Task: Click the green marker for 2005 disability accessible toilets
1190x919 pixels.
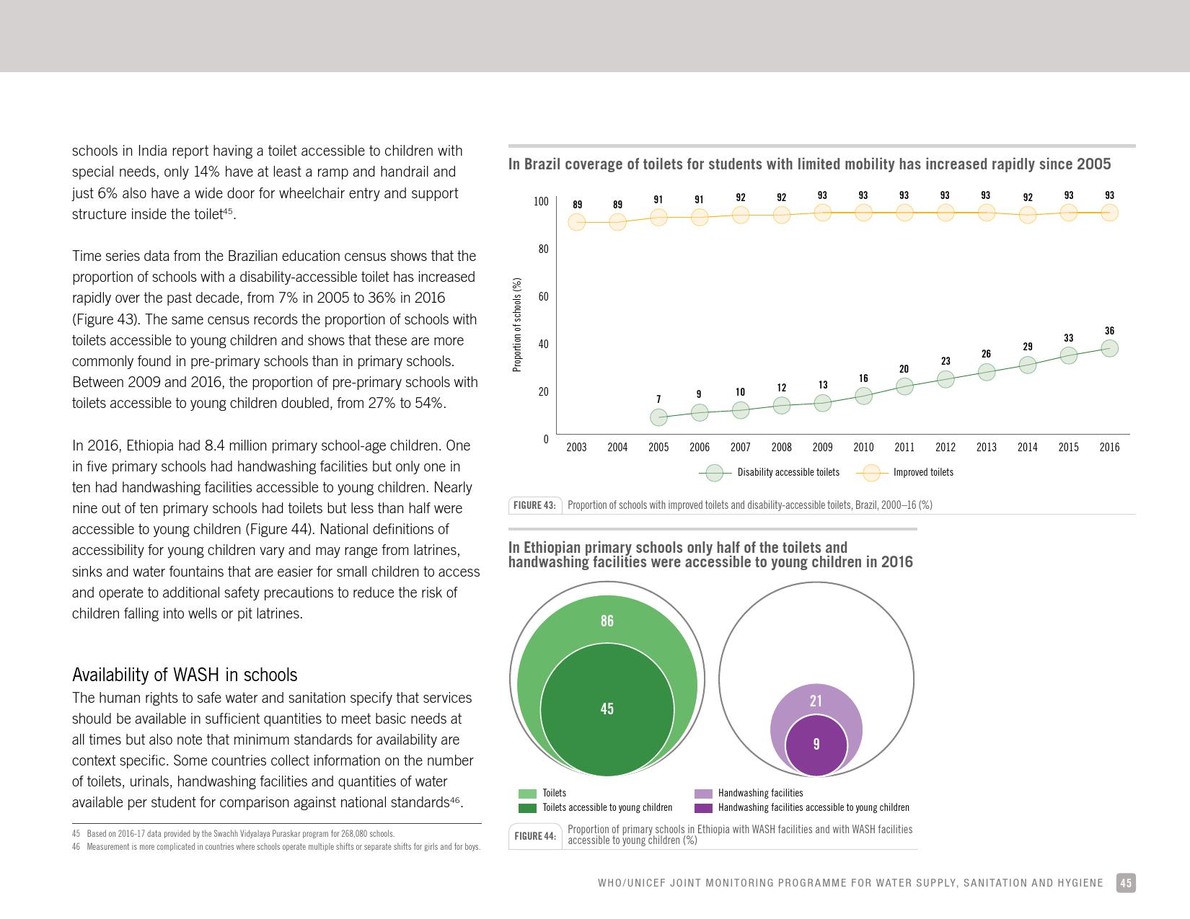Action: click(658, 417)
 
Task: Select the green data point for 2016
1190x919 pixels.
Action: click(1109, 348)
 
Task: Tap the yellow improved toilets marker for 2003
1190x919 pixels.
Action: click(577, 222)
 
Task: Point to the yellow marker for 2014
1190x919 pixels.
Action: click(1027, 215)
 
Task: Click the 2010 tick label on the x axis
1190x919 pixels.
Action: click(863, 447)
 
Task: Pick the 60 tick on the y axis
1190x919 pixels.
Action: click(543, 297)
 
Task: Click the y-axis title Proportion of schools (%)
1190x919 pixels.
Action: click(516, 324)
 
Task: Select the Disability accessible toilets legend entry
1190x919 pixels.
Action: click(769, 472)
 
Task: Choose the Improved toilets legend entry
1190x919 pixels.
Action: click(904, 472)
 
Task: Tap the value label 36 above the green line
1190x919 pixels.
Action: click(1109, 331)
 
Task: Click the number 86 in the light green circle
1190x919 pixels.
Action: click(607, 621)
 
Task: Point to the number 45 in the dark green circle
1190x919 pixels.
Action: click(607, 709)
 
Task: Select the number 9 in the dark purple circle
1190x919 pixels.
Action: click(816, 744)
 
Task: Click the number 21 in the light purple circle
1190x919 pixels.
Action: click(816, 701)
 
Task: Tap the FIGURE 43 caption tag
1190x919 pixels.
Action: click(534, 505)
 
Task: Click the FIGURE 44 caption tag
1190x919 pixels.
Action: click(535, 836)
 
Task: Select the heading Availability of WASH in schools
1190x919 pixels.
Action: click(185, 675)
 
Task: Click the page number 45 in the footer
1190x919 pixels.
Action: click(1126, 883)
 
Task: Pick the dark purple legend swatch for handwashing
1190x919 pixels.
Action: click(703, 808)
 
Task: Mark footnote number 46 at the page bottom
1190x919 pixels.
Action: click(76, 847)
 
